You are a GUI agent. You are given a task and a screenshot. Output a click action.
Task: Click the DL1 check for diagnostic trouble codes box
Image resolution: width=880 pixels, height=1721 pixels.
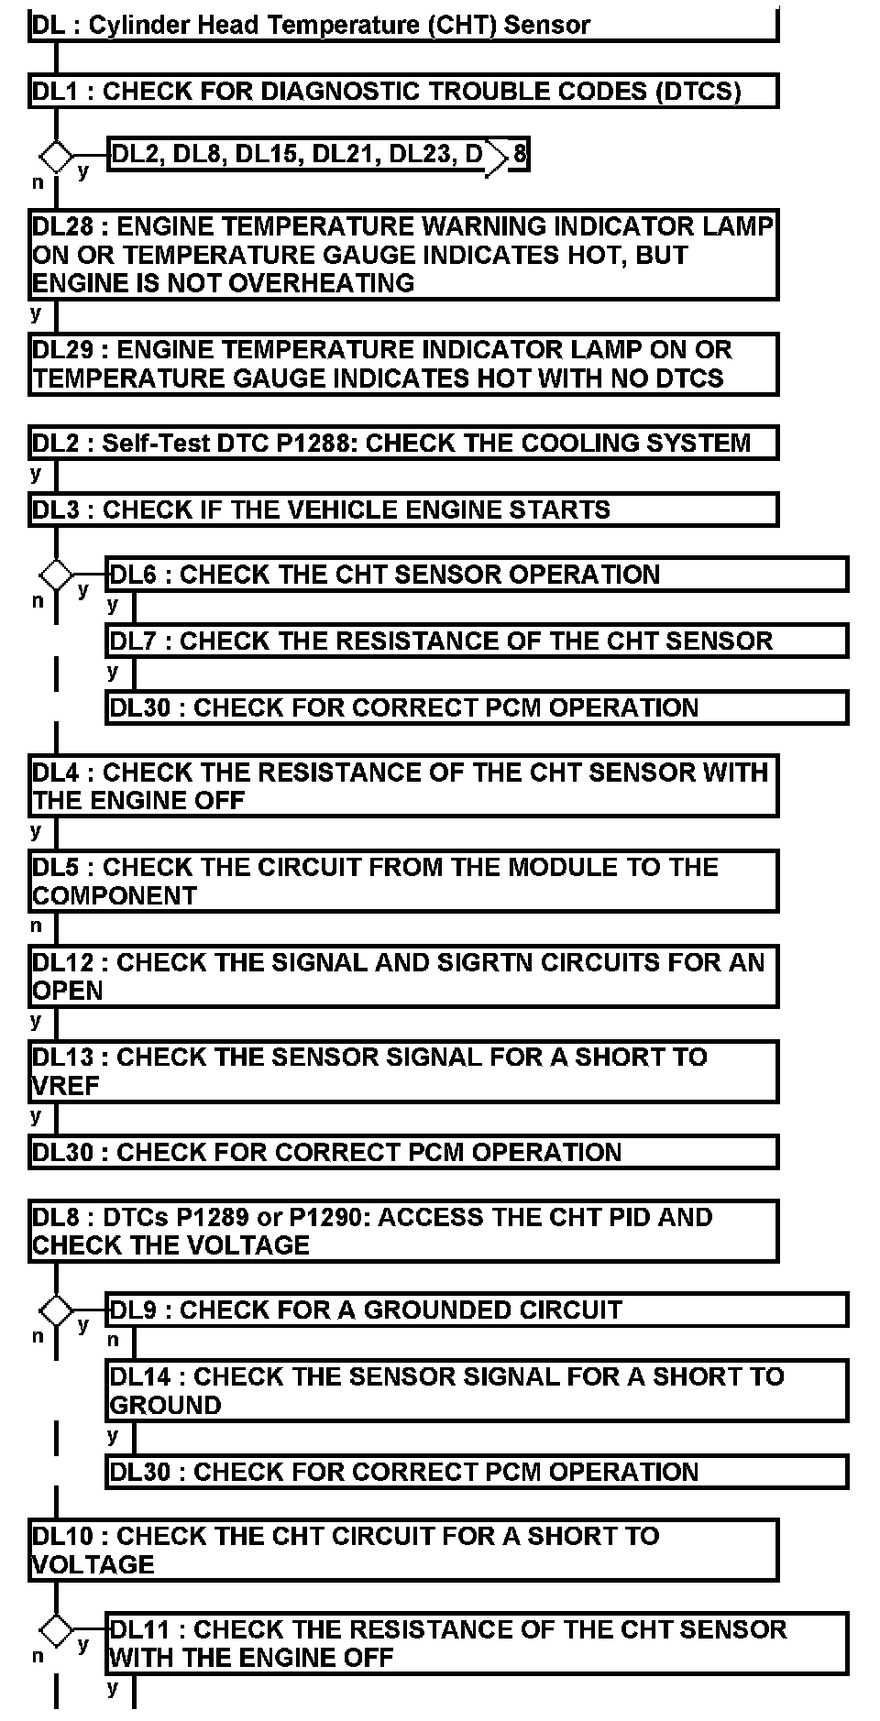(403, 91)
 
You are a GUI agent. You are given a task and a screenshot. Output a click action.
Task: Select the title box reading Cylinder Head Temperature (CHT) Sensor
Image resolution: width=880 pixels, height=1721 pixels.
(403, 25)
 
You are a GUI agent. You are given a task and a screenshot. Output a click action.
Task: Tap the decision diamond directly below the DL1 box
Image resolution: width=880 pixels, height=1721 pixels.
(57, 157)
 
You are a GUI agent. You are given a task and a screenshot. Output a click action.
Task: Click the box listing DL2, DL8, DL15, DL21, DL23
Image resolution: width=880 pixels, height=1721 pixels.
(317, 155)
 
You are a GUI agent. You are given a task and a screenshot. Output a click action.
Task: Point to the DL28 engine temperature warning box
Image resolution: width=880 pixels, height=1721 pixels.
(403, 254)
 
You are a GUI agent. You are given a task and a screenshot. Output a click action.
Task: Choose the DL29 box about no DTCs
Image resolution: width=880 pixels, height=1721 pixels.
(403, 364)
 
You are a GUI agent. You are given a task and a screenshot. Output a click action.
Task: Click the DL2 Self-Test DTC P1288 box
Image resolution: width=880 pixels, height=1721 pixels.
(403, 443)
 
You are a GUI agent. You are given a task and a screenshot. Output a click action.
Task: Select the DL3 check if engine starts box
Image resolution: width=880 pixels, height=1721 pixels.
(403, 509)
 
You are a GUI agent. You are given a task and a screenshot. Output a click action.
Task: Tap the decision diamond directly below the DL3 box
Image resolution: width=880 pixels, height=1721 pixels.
(57, 576)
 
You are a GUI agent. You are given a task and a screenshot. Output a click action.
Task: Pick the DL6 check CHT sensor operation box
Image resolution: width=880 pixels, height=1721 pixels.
(477, 575)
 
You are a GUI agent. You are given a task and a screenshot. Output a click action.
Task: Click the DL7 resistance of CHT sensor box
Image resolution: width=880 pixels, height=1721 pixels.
(477, 641)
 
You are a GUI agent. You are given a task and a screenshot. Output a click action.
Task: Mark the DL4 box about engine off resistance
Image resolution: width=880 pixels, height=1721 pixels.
(403, 786)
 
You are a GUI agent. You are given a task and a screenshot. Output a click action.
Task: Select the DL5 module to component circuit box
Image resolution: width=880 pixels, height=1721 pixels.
(403, 881)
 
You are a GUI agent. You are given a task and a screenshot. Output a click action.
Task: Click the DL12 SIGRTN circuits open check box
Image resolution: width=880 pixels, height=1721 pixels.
(403, 976)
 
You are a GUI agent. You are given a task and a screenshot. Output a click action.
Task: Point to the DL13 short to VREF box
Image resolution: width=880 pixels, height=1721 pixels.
(403, 1071)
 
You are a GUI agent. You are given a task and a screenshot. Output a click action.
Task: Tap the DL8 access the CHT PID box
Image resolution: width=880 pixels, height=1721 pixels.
(403, 1231)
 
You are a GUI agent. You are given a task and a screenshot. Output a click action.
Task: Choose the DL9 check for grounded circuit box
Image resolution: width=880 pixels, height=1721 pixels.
(477, 1310)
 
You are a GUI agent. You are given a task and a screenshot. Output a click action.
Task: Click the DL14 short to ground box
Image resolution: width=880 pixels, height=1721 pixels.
(477, 1390)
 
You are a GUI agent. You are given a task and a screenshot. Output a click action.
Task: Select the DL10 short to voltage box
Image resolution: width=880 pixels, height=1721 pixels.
(403, 1550)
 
